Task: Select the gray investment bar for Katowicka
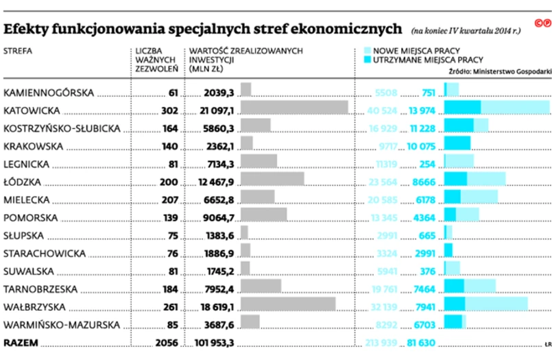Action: pos(295,110)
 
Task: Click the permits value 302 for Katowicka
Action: pos(169,110)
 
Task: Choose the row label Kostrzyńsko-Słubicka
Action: pos(62,128)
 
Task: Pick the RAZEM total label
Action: pos(21,341)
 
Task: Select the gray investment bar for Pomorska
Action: pos(264,217)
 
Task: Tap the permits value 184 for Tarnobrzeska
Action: pos(169,288)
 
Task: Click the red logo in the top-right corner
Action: pos(540,23)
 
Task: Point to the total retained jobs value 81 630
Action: pos(421,341)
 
